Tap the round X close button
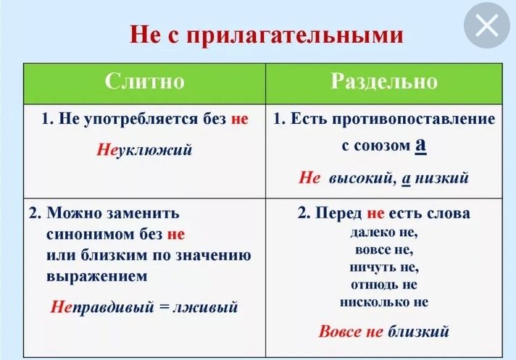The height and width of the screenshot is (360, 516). point(487,27)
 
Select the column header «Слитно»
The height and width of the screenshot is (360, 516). point(144,81)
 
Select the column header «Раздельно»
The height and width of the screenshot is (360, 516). point(383,81)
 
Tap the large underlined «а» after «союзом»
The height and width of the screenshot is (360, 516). point(420,144)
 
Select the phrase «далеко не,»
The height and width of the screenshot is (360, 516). point(384,233)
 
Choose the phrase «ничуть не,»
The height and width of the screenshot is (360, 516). point(384,267)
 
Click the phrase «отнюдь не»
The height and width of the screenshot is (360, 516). point(384,284)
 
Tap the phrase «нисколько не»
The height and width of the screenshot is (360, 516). point(384,301)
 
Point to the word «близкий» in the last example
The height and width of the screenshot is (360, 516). point(419,332)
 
